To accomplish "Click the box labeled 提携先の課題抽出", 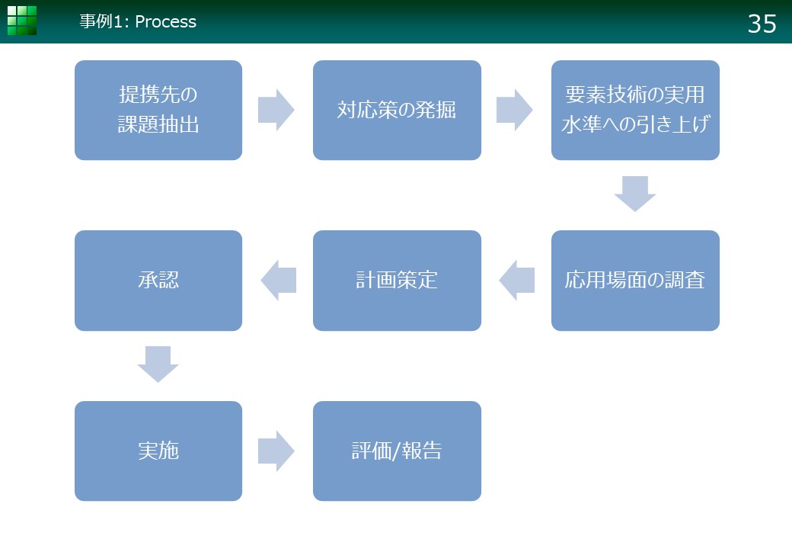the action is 158,111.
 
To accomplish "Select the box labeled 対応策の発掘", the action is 397,111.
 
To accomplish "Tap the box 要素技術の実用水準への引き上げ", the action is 635,111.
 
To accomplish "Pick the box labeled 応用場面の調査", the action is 635,281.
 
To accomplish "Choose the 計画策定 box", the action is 397,281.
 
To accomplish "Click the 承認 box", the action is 158,281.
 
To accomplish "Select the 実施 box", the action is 158,451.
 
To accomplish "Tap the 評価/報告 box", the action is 397,451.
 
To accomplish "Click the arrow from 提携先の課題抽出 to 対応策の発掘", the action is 276,111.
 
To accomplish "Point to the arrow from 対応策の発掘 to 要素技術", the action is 515,111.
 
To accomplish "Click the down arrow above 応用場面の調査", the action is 635,194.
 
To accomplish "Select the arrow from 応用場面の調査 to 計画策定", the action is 517,281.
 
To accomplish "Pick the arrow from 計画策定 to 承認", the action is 278,281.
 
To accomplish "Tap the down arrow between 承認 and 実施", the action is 158,364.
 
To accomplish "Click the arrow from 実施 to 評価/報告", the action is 276,451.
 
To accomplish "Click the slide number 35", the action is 762,24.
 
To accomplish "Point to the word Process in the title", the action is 166,22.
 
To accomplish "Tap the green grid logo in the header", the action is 22,21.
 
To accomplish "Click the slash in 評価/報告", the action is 397,451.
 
